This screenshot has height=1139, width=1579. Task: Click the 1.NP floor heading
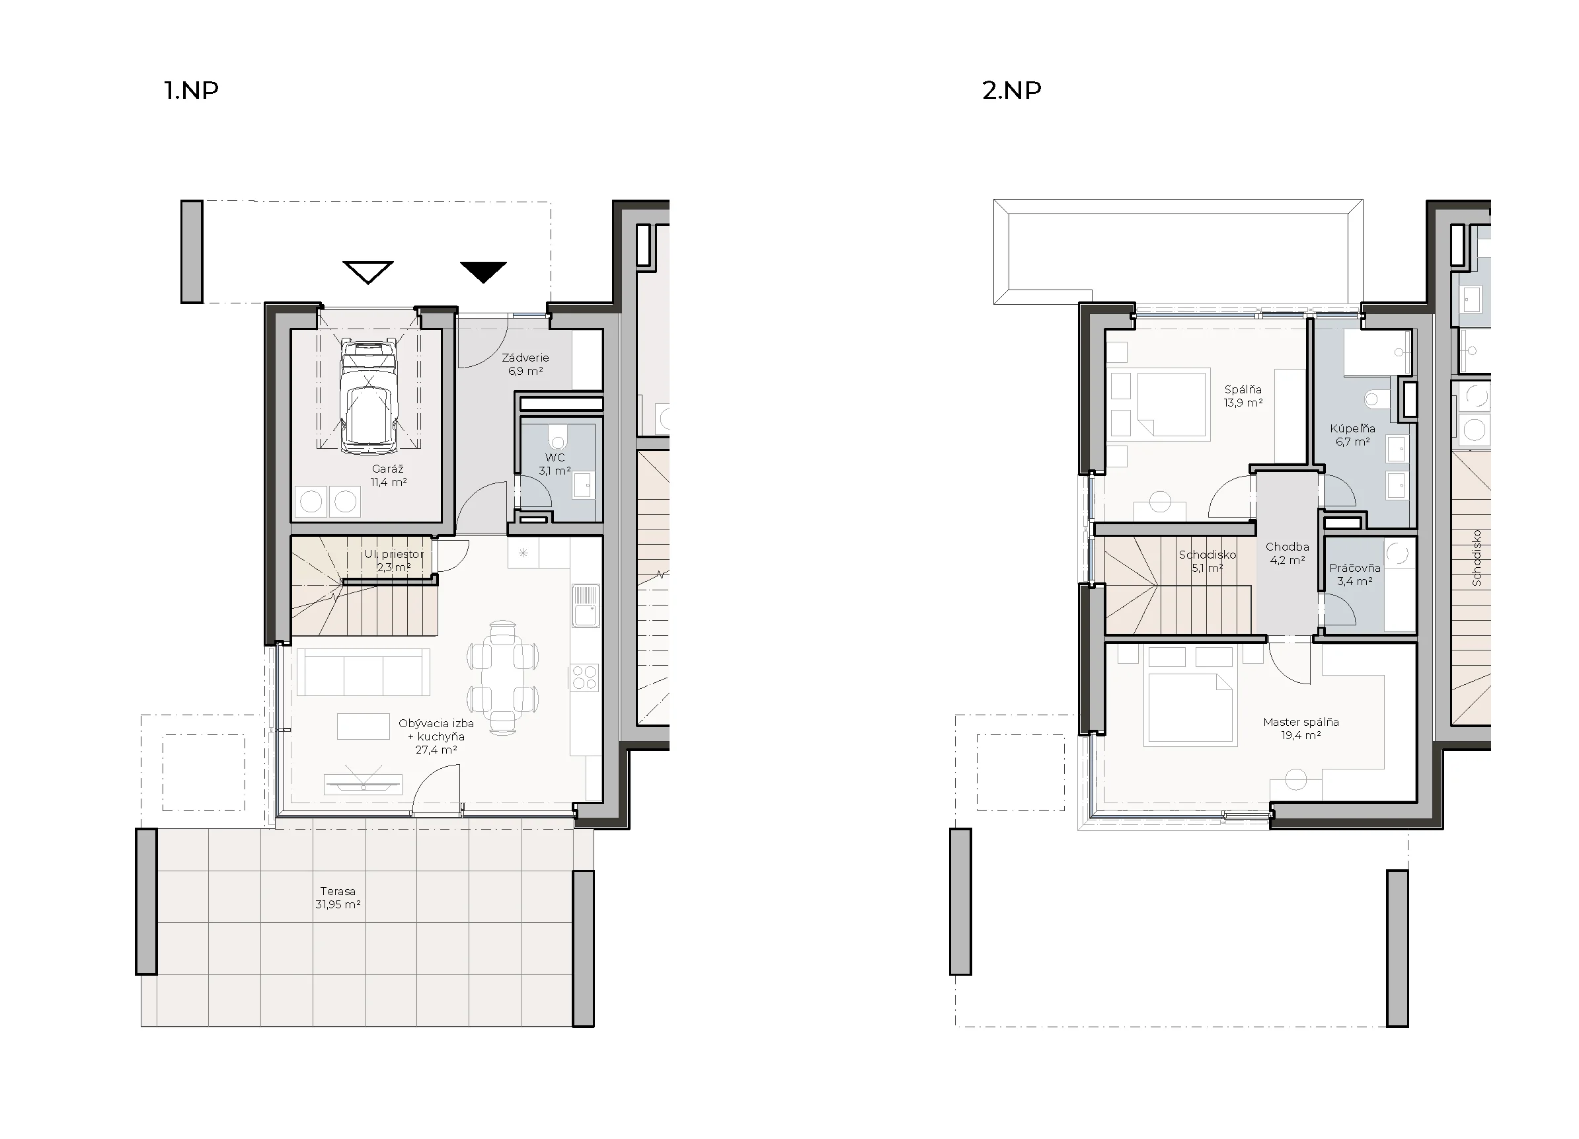pyautogui.click(x=192, y=91)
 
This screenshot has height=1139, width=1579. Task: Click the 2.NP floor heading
pyautogui.click(x=1012, y=91)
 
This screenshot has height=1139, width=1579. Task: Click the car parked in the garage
pyautogui.click(x=368, y=396)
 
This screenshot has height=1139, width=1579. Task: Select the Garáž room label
pyautogui.click(x=388, y=475)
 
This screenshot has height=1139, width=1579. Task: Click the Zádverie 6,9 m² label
pyautogui.click(x=525, y=364)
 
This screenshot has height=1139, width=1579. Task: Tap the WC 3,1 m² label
pyautogui.click(x=555, y=463)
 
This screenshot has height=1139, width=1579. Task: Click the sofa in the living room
pyautogui.click(x=364, y=672)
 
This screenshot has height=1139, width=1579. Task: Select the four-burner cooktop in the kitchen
pyautogui.click(x=585, y=678)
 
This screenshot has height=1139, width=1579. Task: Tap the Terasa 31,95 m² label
pyautogui.click(x=338, y=898)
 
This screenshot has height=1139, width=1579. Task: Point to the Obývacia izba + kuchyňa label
pyautogui.click(x=436, y=736)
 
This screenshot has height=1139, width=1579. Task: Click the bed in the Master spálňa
pyautogui.click(x=1190, y=707)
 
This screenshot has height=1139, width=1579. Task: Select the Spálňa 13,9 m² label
pyautogui.click(x=1243, y=395)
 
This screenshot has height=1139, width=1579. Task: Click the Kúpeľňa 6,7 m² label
pyautogui.click(x=1353, y=435)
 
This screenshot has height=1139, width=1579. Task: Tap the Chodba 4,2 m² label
pyautogui.click(x=1288, y=553)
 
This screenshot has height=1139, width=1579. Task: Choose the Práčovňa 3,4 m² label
pyautogui.click(x=1355, y=574)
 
